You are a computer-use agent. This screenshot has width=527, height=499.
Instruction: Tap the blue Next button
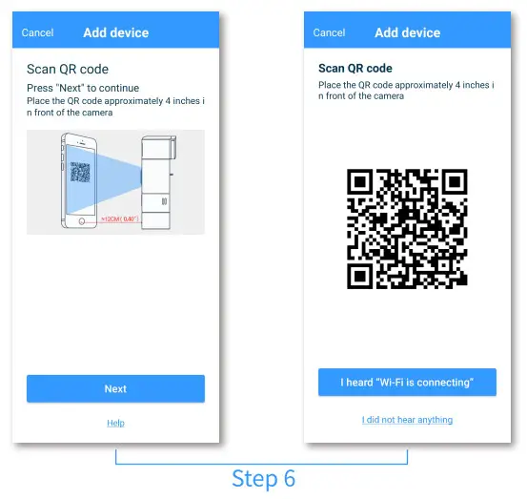[x=115, y=388]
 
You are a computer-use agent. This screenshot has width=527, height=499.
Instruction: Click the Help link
[x=115, y=423]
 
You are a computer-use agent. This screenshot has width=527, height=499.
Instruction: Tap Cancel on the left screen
[x=38, y=32]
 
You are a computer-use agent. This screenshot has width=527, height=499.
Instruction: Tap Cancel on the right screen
[x=330, y=32]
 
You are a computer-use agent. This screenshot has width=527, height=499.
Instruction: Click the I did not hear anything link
[x=407, y=420]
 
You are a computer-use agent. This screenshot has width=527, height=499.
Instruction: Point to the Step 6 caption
[x=263, y=478]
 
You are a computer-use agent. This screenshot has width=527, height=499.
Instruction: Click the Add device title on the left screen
[x=115, y=32]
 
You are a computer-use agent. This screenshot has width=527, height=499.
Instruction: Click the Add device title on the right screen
[x=407, y=32]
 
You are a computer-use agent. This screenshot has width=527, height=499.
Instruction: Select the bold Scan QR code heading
[x=355, y=69]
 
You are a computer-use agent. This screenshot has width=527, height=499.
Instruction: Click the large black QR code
[x=407, y=229]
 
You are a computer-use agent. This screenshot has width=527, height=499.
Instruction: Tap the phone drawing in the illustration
[x=80, y=181]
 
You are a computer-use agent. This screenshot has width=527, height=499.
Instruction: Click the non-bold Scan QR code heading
[x=68, y=70]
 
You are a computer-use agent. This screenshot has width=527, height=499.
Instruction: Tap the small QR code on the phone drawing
[x=80, y=174]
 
